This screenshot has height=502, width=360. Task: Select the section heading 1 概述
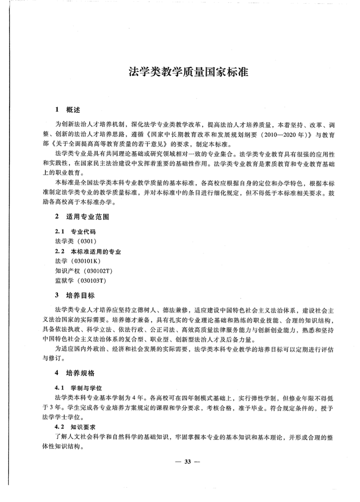(x=68, y=109)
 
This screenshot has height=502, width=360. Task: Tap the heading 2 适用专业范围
(x=82, y=216)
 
